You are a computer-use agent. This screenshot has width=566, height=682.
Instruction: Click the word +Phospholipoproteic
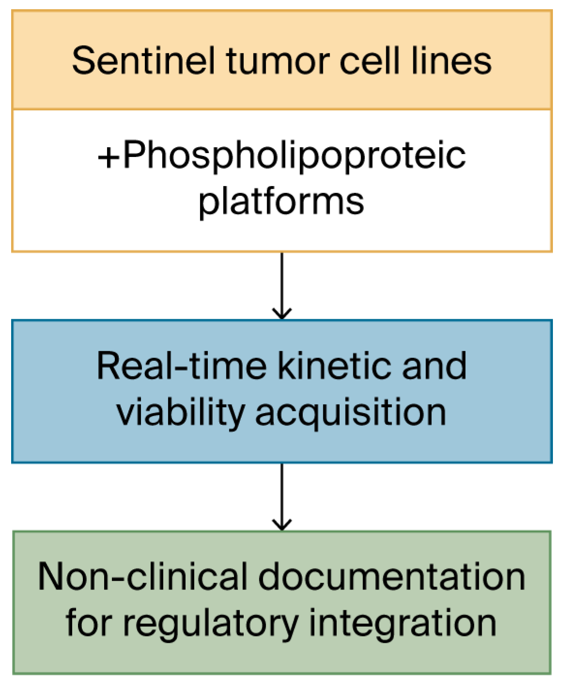(x=282, y=156)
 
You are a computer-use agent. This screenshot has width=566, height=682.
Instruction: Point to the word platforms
(x=281, y=201)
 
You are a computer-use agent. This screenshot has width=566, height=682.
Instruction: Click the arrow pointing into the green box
(x=282, y=496)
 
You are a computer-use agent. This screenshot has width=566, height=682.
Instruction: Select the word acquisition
(x=350, y=413)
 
